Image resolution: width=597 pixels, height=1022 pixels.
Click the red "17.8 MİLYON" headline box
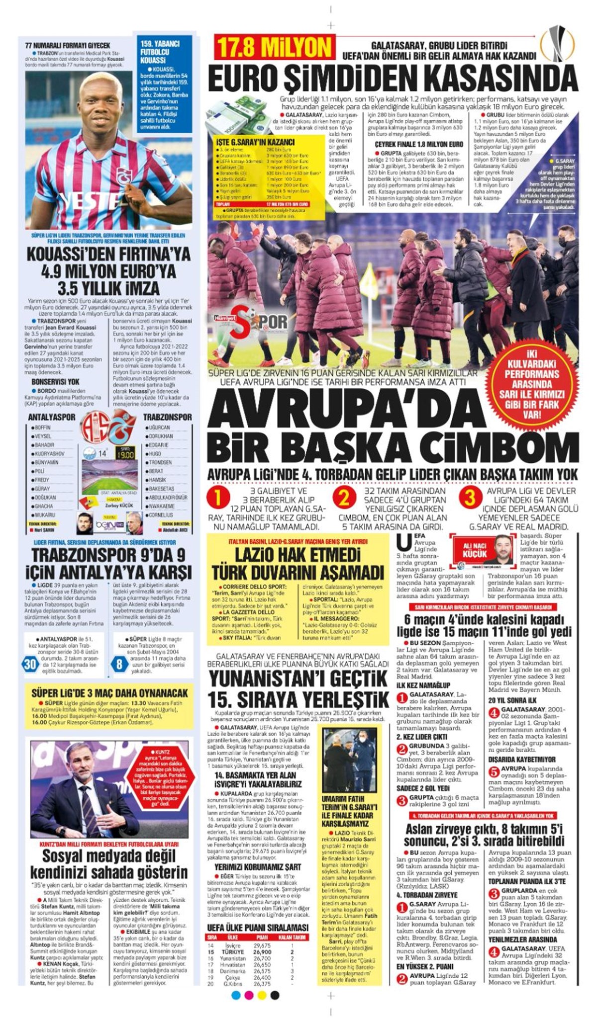274,48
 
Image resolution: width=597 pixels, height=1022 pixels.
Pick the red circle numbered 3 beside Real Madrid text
470,498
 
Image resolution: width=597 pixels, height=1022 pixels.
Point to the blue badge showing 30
30,664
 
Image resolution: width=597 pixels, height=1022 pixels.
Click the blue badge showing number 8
119,664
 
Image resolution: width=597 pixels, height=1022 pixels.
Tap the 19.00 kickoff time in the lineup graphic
125,454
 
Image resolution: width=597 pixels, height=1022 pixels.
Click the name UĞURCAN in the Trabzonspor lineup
160,427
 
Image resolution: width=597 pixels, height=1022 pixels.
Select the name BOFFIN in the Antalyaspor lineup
43,427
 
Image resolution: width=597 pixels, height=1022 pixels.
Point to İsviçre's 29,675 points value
262,932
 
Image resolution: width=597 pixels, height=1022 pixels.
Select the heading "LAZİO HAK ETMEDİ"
298,555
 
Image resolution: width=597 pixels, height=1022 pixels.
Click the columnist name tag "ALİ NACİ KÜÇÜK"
475,550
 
